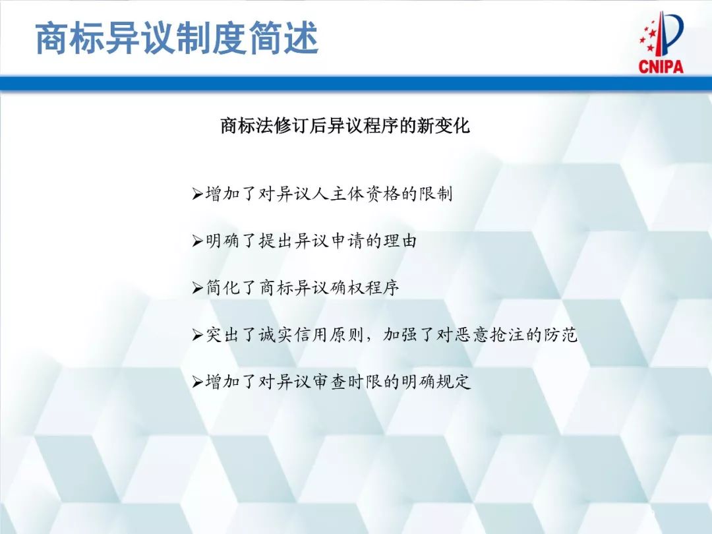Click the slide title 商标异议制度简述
click(177, 38)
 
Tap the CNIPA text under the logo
click(661, 66)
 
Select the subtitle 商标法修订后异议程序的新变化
click(345, 125)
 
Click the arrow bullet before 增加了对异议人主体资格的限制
click(197, 194)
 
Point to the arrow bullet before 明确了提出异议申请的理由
click(197, 241)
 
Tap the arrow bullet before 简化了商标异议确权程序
click(197, 288)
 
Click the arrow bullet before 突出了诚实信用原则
click(197, 335)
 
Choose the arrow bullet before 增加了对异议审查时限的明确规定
click(197, 382)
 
